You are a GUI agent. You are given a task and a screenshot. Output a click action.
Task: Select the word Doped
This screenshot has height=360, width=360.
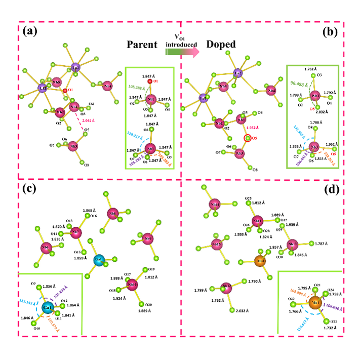[221, 44]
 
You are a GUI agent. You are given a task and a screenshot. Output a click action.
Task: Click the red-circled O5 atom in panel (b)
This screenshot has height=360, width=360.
[248, 138]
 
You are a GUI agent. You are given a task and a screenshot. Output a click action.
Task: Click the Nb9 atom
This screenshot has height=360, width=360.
[148, 238]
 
